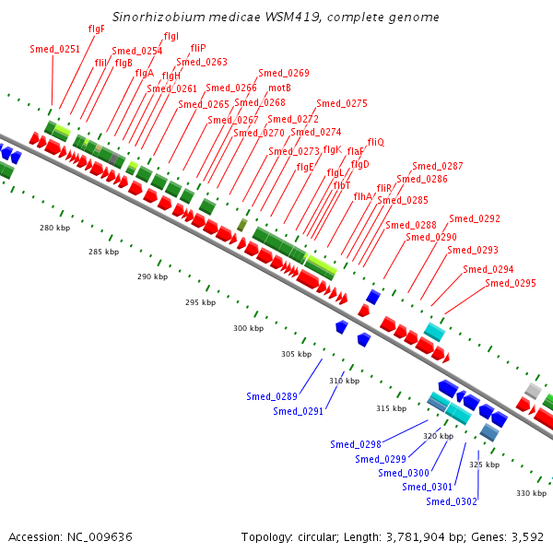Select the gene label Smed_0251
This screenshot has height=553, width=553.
(54, 49)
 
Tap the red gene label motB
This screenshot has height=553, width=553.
(279, 88)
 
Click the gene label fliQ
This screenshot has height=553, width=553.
(375, 142)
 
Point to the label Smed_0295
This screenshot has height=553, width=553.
(510, 283)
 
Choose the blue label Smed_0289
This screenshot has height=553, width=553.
(271, 396)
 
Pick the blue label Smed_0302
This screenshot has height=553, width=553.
(452, 501)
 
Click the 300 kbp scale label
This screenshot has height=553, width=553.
(248, 328)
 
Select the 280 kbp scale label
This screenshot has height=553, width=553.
(54, 228)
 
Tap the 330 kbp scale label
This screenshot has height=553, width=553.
(531, 493)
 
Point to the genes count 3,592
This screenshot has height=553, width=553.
(527, 536)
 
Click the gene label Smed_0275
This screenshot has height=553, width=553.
(341, 103)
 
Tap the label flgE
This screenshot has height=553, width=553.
(305, 167)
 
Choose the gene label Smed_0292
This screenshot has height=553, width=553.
(474, 219)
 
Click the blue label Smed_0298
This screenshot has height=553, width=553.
(356, 444)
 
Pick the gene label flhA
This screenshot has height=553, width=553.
(363, 195)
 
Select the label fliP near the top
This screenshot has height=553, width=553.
(198, 47)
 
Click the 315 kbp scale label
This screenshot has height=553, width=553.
(391, 408)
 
